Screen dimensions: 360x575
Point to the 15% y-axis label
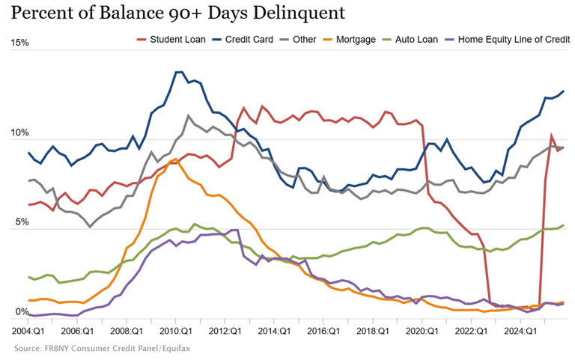19,43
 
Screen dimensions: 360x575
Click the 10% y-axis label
19,133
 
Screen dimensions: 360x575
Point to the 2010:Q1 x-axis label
172,330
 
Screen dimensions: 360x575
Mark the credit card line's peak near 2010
179,73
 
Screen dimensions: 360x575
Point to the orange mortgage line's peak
174,159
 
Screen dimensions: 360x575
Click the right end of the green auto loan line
563,225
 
